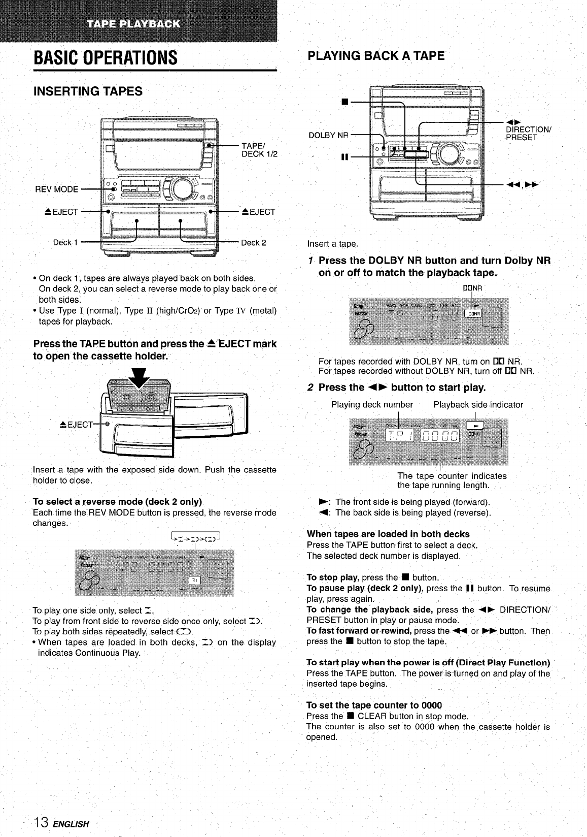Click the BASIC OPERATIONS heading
pos(106,57)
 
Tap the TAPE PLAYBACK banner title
pos(133,23)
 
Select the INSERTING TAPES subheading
pos(88,91)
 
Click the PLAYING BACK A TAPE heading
pos(376,56)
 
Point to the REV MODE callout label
pos(56,189)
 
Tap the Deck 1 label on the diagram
pos(65,242)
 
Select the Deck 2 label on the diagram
pos(254,242)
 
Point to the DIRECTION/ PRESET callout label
pos(528,133)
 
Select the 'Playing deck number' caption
pos(372,405)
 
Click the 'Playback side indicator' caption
pos(478,405)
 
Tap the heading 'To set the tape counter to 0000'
pos(374,705)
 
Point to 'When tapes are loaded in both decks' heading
pos(388,534)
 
